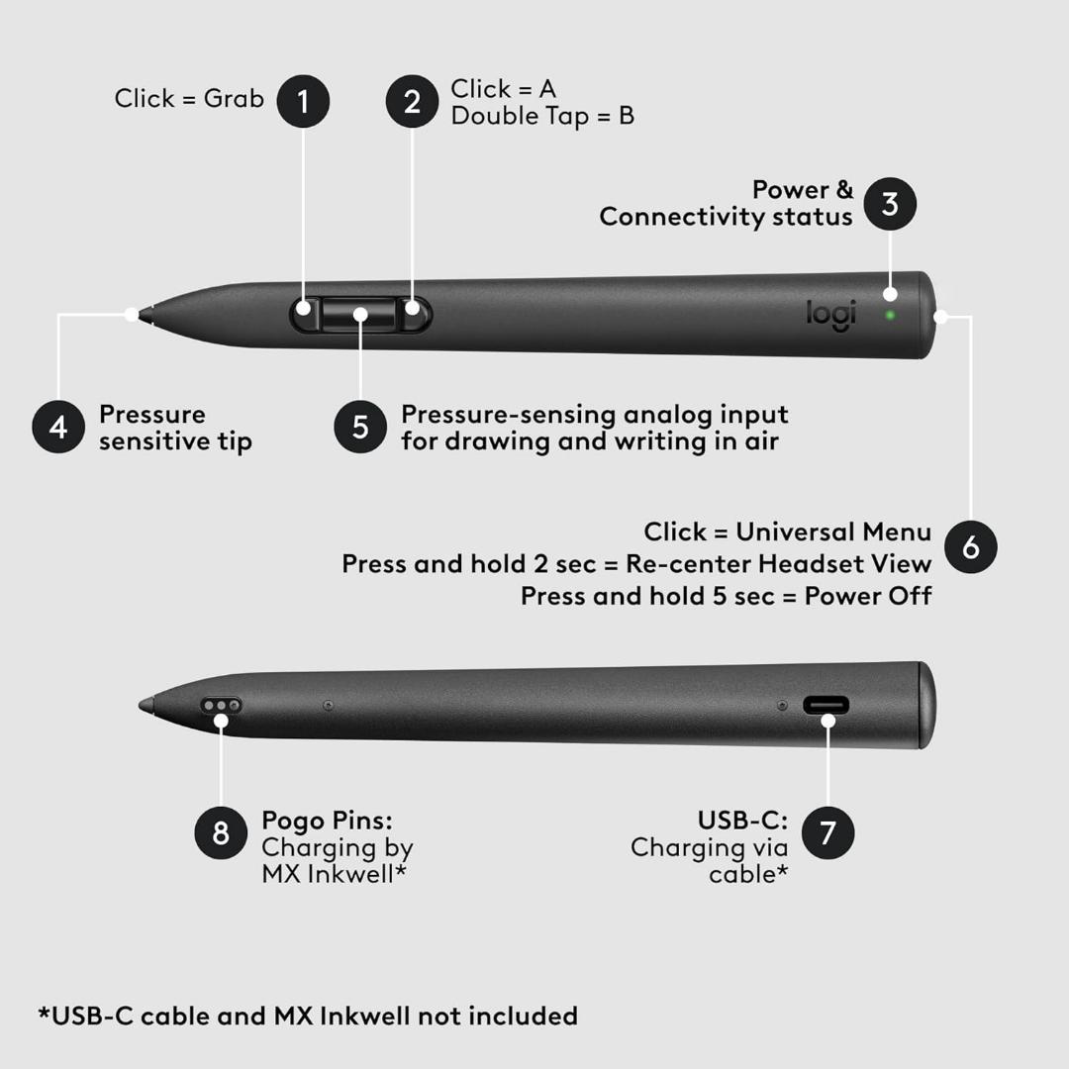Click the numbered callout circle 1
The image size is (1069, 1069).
coord(304,102)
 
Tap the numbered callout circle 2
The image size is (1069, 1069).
coord(412,102)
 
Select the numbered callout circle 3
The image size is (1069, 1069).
coord(890,204)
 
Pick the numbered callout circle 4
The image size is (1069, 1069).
coord(58,427)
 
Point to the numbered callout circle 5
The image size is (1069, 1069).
coord(360,427)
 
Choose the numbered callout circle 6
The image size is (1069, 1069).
coord(971,546)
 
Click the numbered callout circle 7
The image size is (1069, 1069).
coord(827,832)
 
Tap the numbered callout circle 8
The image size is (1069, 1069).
coord(221,832)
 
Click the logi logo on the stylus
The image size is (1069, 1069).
coord(831,315)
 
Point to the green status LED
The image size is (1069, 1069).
coord(890,315)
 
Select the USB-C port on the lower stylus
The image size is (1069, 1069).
coord(826,705)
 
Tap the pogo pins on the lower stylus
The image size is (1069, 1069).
coord(221,705)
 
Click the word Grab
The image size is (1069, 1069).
coord(234,100)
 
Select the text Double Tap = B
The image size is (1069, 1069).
coord(542,117)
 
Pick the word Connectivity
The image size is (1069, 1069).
coord(681,218)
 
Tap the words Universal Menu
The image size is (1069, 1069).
coord(833,532)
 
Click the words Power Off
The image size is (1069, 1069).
coord(868,597)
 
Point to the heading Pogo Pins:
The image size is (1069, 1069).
coord(328,821)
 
